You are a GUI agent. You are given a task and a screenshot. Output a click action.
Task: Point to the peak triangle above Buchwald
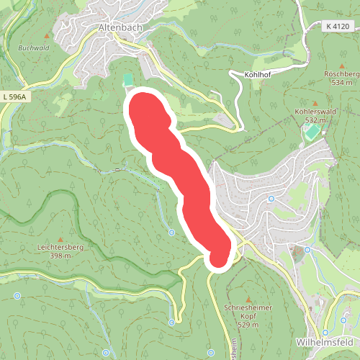tap(48, 35)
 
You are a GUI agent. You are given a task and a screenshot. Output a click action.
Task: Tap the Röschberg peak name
tap(341, 74)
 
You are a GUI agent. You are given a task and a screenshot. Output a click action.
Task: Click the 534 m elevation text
tap(341, 83)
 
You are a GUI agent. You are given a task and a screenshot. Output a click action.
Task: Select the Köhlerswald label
tap(315, 112)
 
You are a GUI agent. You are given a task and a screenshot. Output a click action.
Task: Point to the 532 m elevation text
tap(315, 120)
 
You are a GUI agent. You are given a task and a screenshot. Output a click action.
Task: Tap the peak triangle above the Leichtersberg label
tap(60, 238)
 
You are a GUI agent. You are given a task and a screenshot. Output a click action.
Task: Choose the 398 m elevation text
tap(60, 256)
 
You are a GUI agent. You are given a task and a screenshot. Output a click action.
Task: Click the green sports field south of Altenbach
tap(128, 78)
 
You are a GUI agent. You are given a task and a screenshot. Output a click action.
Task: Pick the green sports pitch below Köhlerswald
tap(312, 134)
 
